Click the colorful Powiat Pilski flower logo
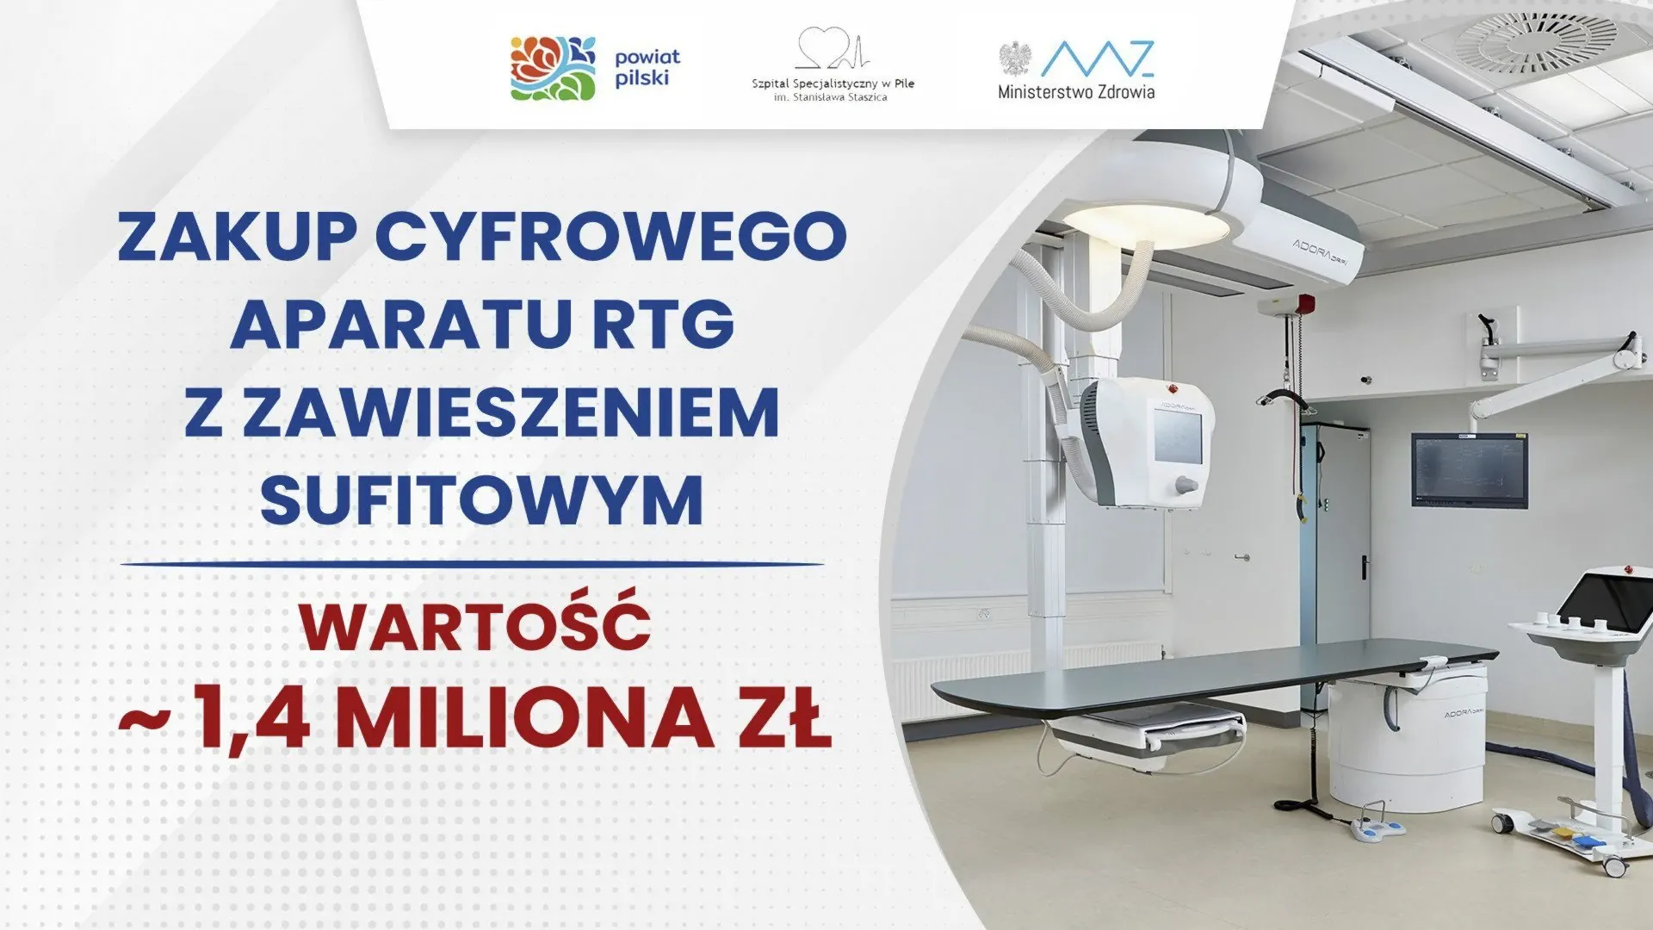pos(553,68)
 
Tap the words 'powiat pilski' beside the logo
pos(647,68)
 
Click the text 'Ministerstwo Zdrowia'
pos(1076,90)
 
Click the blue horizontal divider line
pos(472,565)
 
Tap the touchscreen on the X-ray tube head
pos(1177,437)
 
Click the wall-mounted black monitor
pos(1469,470)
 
